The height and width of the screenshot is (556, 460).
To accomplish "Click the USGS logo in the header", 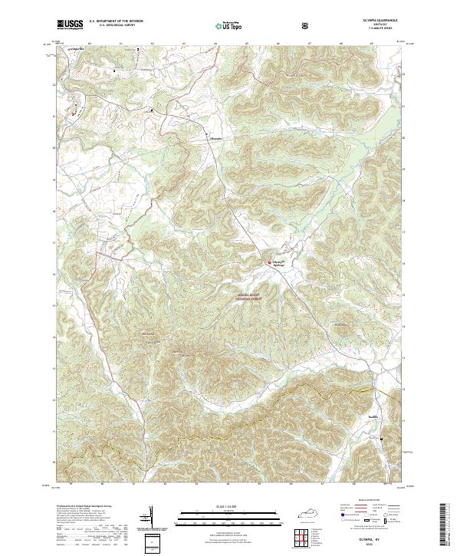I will (x=69, y=25).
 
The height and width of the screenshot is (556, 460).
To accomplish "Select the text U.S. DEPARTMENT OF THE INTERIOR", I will (x=112, y=23).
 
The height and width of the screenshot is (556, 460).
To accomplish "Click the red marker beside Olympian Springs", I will (x=268, y=262).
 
